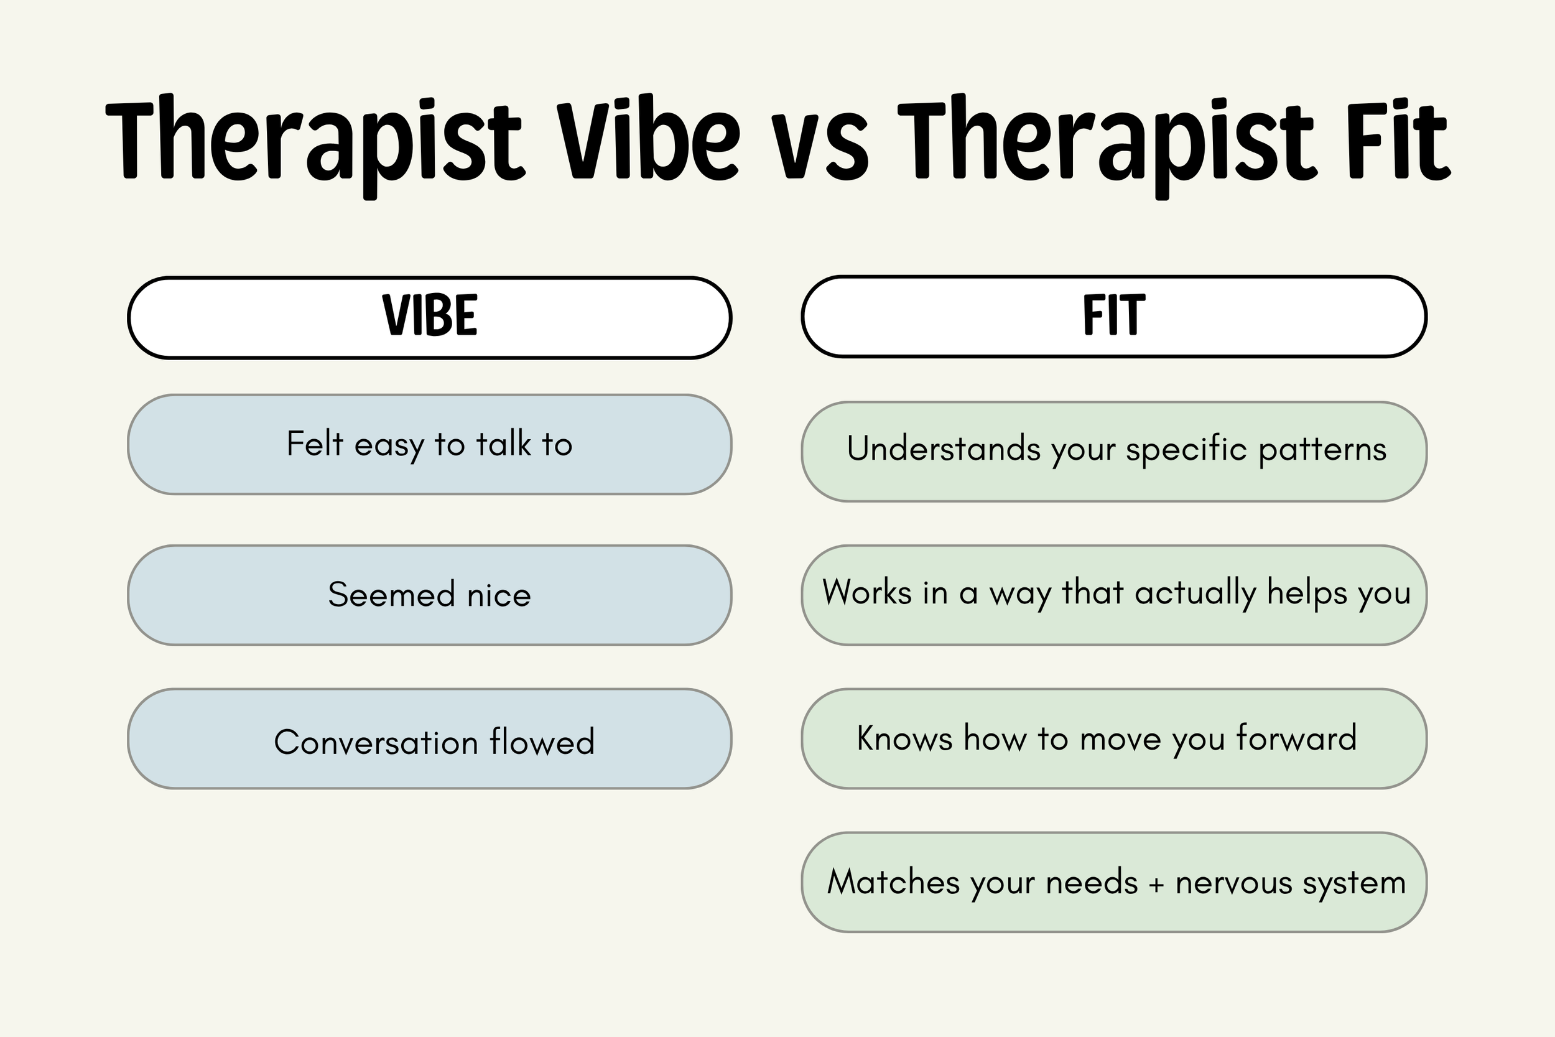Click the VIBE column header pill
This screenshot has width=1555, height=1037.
[430, 317]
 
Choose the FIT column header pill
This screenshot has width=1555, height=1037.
[1114, 316]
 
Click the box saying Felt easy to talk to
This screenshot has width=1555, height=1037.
[430, 444]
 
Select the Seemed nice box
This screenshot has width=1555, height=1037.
[430, 595]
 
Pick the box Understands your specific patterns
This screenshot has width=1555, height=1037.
[1114, 451]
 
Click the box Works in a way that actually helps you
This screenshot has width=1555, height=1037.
[1114, 595]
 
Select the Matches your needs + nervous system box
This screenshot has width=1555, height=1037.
[1114, 881]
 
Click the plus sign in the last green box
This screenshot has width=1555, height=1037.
[1156, 884]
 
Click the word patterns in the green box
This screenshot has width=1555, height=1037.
[1322, 450]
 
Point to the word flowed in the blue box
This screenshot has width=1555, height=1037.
[542, 742]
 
